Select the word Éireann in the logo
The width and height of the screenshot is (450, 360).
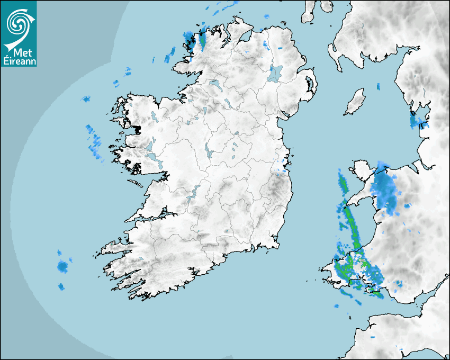tap(19, 61)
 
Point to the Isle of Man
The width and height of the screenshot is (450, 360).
tap(355, 102)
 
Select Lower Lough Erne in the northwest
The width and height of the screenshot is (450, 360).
tap(216, 85)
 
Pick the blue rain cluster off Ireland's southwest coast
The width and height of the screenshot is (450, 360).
tap(63, 266)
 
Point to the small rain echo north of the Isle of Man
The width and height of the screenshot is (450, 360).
tap(378, 86)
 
